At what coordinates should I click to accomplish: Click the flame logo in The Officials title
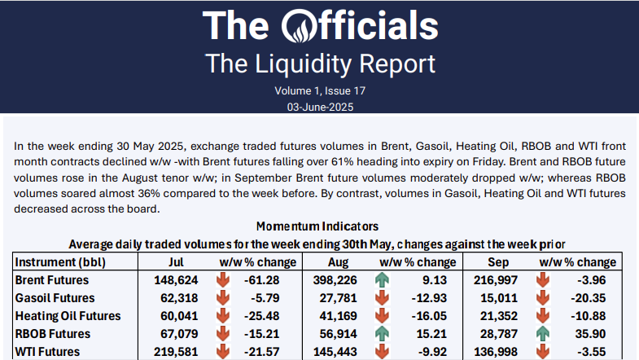coord(301,25)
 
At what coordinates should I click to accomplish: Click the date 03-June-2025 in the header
coord(319,107)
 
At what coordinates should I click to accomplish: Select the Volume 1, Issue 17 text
coord(319,90)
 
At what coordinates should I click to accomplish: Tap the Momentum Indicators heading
coord(317,226)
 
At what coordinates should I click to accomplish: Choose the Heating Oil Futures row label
coord(68,316)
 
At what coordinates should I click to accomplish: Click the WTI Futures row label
coord(46,352)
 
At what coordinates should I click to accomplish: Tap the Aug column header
coord(335,262)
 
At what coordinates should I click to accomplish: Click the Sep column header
coord(495,262)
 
